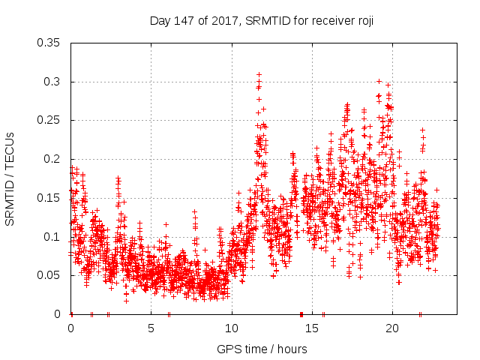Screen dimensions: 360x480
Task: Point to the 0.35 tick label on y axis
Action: (49, 43)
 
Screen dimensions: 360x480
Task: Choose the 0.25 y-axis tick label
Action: (49, 120)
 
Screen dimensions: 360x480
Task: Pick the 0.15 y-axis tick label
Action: (49, 198)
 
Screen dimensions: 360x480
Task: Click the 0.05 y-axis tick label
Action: (49, 275)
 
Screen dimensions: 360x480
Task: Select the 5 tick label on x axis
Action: (151, 328)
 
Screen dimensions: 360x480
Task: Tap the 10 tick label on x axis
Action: (232, 328)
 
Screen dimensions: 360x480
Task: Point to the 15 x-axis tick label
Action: (312, 328)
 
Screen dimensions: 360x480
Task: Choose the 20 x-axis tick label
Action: (392, 328)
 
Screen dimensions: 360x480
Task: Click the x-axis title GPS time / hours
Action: (262, 349)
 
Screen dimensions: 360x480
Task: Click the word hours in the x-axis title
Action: (292, 349)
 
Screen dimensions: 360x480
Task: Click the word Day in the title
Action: (160, 21)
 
